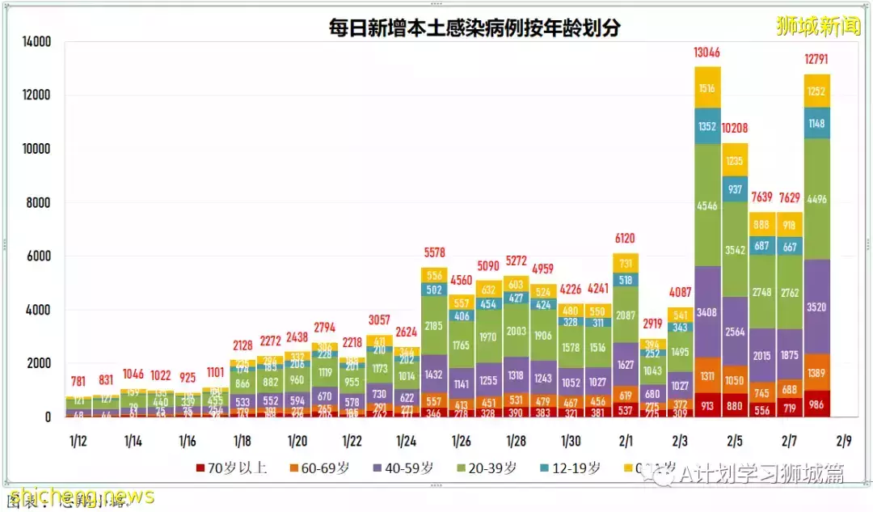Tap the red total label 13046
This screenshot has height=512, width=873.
point(707,53)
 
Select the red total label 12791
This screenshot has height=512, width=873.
point(817,59)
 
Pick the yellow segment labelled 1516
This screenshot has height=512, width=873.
point(707,88)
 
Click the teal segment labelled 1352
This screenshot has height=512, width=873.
point(707,126)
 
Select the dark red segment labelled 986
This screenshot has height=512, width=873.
point(817,404)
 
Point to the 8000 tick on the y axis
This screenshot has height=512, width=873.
point(36,203)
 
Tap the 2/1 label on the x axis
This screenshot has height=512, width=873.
point(626,442)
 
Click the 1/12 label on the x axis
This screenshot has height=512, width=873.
point(78,442)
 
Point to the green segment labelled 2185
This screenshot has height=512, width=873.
point(433,326)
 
